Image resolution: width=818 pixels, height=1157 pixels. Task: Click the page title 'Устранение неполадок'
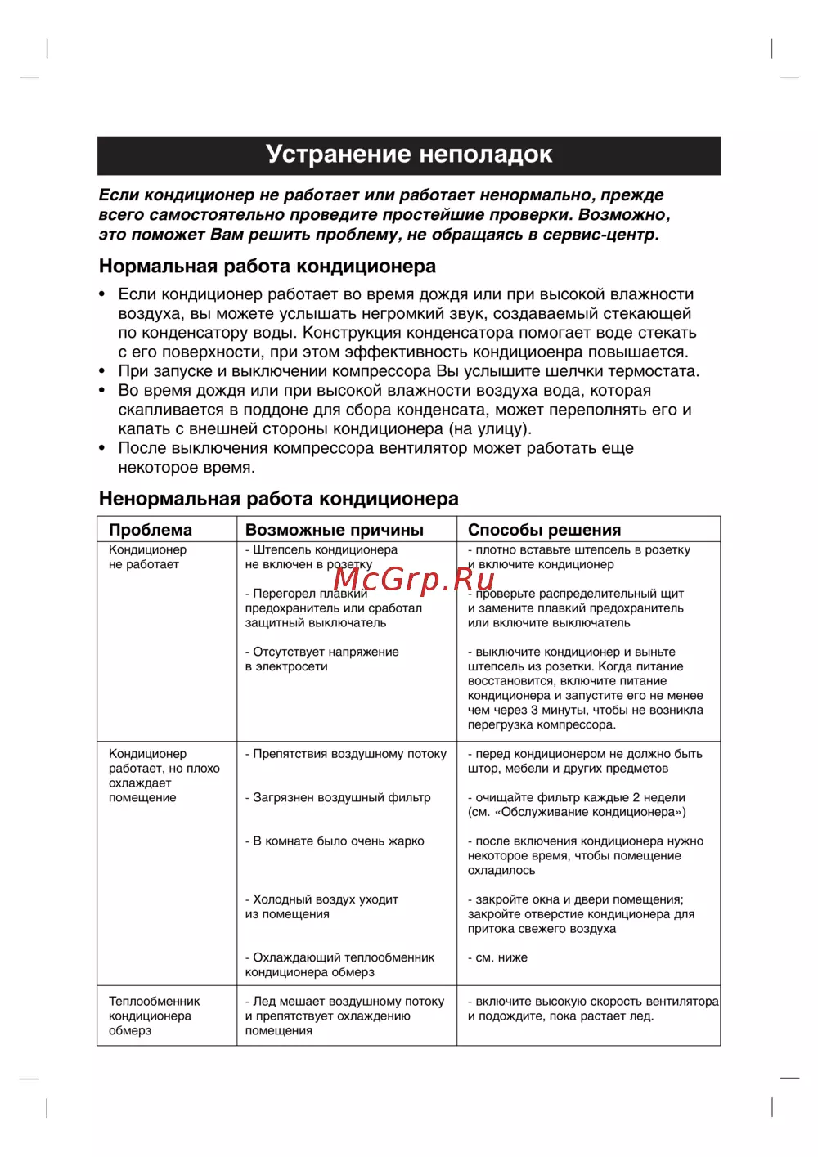click(x=409, y=155)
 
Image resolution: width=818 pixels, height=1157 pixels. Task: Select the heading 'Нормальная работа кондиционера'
click(x=267, y=267)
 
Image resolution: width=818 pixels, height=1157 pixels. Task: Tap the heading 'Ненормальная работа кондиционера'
click(x=278, y=499)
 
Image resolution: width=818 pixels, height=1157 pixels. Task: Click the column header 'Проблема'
click(x=151, y=530)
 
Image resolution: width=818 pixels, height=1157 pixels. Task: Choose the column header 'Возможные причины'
click(x=335, y=530)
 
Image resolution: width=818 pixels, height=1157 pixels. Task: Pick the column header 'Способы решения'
click(x=544, y=530)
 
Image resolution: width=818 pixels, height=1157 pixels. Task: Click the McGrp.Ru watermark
click(x=414, y=579)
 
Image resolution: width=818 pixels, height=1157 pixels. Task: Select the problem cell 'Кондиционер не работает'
click(x=147, y=557)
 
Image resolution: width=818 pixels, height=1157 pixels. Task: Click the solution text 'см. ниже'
click(x=501, y=957)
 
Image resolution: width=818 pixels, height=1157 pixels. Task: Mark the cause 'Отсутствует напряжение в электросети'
click(x=321, y=659)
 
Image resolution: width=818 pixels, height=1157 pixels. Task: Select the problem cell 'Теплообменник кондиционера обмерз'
click(x=154, y=1016)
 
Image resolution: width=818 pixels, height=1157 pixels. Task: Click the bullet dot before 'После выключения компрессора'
click(x=102, y=448)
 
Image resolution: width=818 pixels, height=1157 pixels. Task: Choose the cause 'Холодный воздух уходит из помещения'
click(x=321, y=907)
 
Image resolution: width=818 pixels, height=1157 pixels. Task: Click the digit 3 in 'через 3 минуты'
click(x=534, y=710)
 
